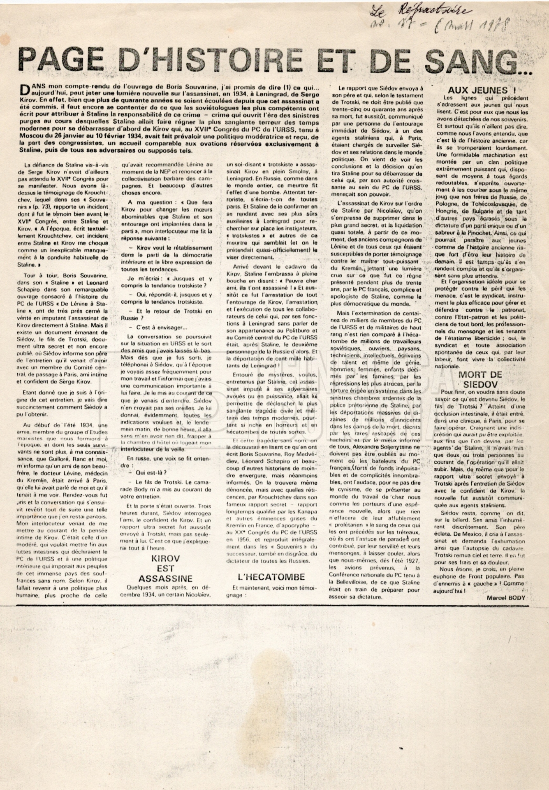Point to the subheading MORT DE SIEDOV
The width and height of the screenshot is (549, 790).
click(x=480, y=379)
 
